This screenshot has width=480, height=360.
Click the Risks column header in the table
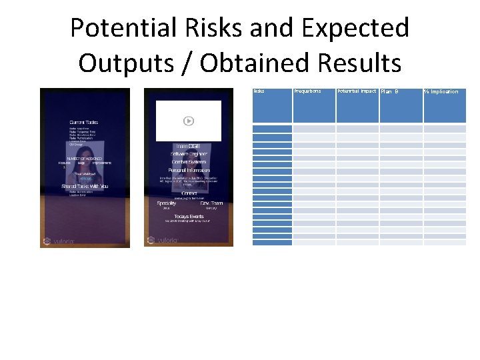click(x=259, y=91)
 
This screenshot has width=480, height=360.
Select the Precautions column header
click(x=307, y=91)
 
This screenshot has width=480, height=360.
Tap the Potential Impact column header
click(x=357, y=91)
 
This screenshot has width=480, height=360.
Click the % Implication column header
click(x=441, y=91)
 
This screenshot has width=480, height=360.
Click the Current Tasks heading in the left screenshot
click(x=85, y=122)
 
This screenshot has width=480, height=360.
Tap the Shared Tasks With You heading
click(x=85, y=186)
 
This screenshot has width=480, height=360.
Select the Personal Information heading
click(x=189, y=171)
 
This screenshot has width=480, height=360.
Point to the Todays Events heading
click(x=189, y=217)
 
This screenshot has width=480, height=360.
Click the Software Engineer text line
click(x=189, y=154)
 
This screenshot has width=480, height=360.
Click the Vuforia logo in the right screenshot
click(x=161, y=240)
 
